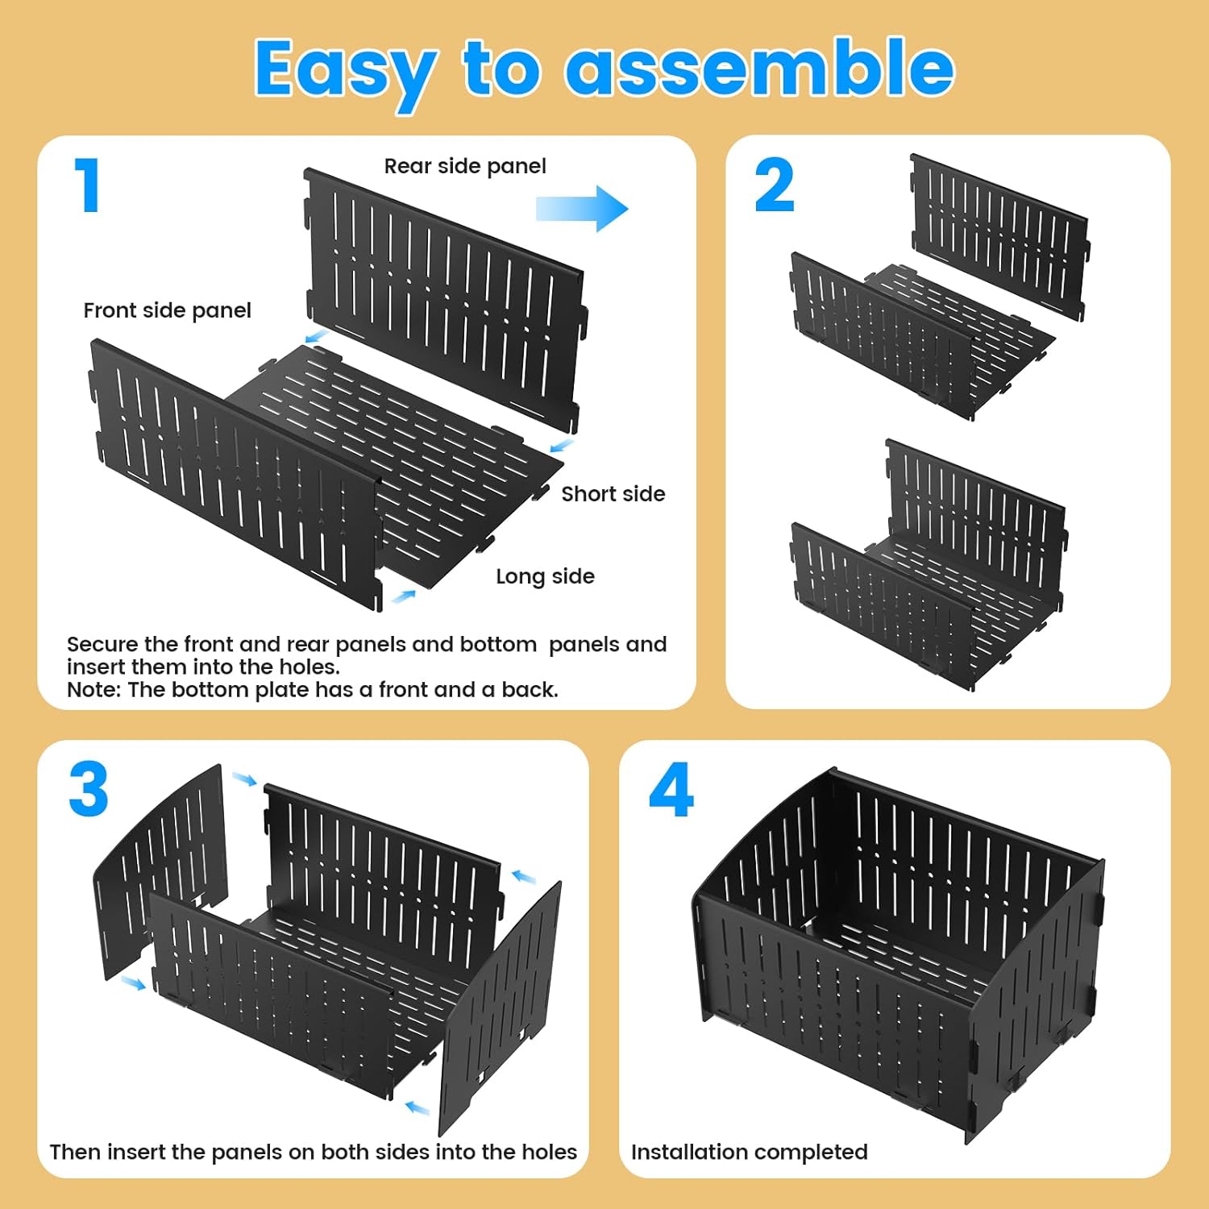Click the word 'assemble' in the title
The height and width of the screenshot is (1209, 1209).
pos(759,69)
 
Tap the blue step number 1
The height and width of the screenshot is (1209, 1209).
pos(88,185)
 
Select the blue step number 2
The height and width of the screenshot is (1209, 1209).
pos(774,185)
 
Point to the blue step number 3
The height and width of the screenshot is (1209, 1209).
pos(89,790)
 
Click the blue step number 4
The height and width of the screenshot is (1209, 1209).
pos(671,790)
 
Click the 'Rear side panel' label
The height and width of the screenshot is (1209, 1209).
pos(465,166)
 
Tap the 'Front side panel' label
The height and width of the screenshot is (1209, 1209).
pos(167,310)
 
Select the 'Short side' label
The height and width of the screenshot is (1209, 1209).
pos(613,494)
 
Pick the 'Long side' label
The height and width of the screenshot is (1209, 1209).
pos(545,576)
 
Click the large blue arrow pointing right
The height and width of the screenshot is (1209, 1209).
pos(582,209)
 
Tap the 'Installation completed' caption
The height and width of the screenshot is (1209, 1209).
pos(749,1152)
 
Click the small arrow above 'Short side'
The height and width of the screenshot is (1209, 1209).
pos(562,445)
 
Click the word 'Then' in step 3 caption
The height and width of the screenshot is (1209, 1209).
pos(75,1152)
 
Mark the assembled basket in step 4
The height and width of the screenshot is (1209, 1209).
pos(895,951)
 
